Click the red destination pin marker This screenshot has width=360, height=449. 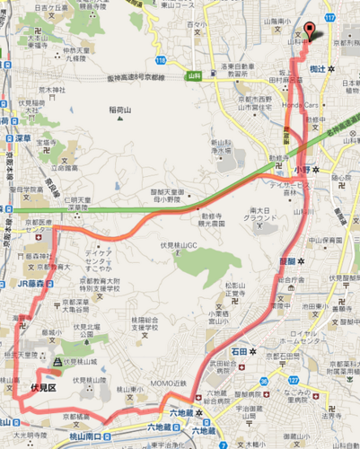[311, 32]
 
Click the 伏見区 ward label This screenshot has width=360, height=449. [43, 388]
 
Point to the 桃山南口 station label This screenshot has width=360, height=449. [38, 433]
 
